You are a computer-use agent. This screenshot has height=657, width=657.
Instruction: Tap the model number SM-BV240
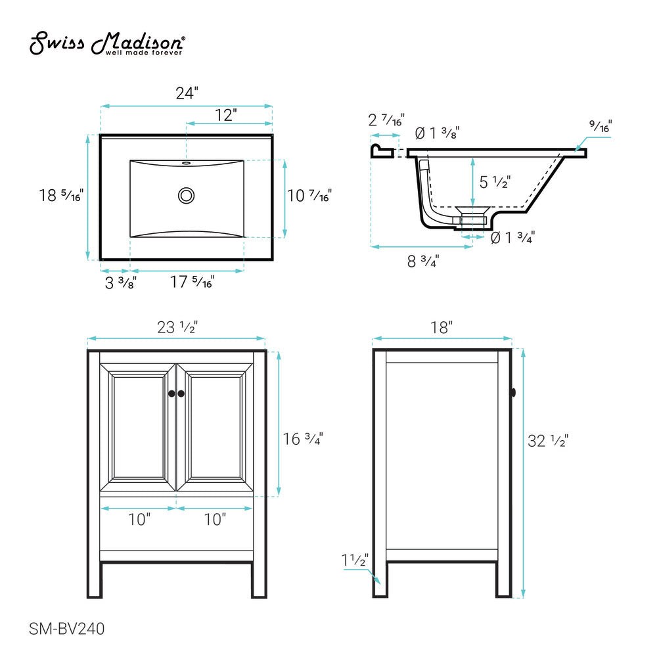[67, 628]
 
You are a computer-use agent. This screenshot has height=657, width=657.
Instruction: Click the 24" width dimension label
[187, 93]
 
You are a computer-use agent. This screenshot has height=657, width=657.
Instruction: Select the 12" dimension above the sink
[225, 115]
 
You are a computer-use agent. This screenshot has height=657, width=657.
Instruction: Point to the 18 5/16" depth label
[61, 196]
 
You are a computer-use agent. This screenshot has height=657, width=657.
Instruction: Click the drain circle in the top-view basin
[187, 194]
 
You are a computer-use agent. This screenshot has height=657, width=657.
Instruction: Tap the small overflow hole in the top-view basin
[187, 162]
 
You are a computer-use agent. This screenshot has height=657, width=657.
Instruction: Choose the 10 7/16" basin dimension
[309, 195]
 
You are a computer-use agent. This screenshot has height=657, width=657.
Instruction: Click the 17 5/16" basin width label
[192, 283]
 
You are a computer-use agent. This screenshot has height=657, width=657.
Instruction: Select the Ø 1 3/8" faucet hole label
[436, 133]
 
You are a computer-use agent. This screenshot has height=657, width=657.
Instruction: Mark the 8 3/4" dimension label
[423, 261]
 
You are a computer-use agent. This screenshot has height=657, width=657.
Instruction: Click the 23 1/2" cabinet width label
[177, 327]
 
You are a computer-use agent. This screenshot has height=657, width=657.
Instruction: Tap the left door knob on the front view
[171, 394]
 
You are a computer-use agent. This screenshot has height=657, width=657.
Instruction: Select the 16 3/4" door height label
[302, 438]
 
